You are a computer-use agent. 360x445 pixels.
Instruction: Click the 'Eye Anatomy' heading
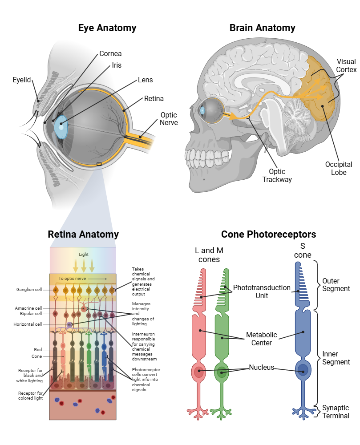tap(107, 28)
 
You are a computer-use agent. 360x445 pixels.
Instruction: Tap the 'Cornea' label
tap(110, 54)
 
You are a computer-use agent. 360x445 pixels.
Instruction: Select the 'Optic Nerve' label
tap(169, 118)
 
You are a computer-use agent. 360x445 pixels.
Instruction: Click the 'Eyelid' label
tap(22, 80)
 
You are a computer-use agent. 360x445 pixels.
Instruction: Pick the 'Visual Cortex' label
tap(346, 65)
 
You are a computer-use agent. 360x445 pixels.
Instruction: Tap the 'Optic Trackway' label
tap(277, 175)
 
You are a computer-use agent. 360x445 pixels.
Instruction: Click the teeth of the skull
tap(205, 157)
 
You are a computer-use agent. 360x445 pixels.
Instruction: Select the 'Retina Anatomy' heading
tap(83, 234)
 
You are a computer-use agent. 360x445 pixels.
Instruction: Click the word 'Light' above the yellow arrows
tap(84, 254)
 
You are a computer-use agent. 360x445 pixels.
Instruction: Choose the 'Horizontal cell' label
tap(28, 324)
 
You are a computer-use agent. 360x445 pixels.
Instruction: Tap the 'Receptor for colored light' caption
tap(30, 396)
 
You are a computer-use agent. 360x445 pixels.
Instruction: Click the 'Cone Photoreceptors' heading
tap(268, 234)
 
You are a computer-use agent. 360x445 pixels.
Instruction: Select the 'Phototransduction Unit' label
tap(262, 291)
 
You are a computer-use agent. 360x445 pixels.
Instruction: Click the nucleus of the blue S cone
tap(303, 370)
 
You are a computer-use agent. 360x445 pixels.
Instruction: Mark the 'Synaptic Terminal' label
tap(336, 412)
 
